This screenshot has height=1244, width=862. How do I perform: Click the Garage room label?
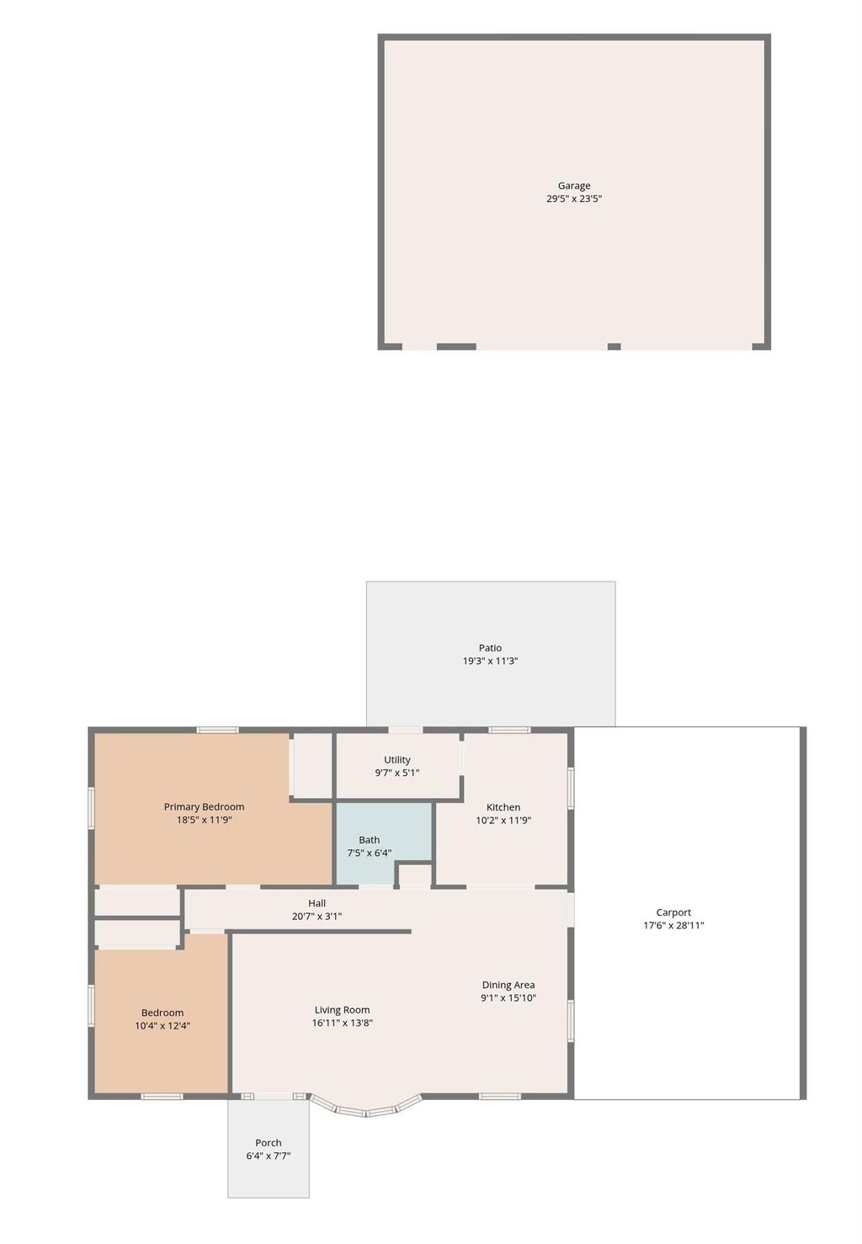[x=574, y=186]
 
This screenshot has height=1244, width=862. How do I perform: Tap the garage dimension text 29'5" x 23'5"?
[x=574, y=199]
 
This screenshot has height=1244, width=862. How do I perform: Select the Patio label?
[x=490, y=648]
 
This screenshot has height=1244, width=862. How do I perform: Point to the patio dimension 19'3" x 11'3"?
[x=490, y=662]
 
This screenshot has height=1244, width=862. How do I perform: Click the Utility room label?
[x=397, y=760]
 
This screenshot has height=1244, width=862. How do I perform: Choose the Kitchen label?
[x=503, y=807]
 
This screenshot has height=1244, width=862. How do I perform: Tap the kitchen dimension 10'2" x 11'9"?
[x=503, y=821]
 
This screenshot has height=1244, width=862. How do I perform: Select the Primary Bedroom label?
[x=204, y=807]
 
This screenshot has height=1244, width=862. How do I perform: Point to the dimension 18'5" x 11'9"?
[x=204, y=820]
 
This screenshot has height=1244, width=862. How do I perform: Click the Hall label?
[x=317, y=903]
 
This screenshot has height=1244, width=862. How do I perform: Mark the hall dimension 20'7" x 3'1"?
[x=317, y=917]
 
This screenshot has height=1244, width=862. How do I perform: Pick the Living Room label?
[x=342, y=1010]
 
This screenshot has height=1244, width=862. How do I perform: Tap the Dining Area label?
[x=508, y=985]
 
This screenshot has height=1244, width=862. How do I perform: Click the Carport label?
[x=673, y=912]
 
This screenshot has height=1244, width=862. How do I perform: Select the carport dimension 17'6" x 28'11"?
[x=673, y=926]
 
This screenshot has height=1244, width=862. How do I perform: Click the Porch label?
[x=269, y=1143]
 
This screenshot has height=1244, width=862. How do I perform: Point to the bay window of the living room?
[x=366, y=1109]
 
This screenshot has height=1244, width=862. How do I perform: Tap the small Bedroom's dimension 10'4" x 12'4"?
[x=162, y=1026]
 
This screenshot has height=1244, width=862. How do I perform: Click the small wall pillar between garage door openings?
[x=615, y=347]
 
